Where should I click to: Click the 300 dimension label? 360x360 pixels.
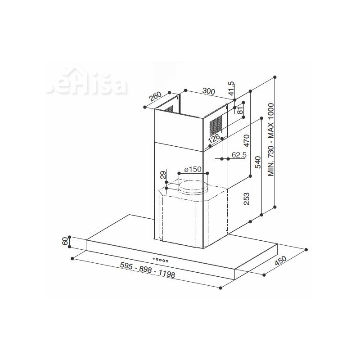[208, 91]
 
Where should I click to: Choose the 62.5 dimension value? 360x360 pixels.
[239, 156]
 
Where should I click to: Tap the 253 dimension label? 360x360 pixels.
[246, 198]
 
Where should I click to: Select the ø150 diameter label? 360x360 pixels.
[192, 170]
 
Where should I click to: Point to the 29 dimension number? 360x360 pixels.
[163, 175]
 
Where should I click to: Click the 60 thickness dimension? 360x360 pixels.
[66, 242]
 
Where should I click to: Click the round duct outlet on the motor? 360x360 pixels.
[193, 185]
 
